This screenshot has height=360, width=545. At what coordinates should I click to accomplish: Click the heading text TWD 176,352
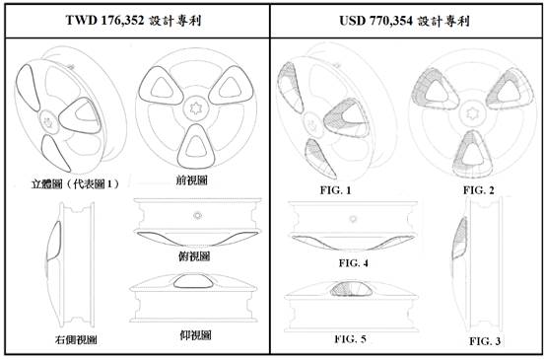coord(104,20)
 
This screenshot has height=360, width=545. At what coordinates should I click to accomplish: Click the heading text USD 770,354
coord(375,21)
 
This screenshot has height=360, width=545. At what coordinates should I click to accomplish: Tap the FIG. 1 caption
coord(335,190)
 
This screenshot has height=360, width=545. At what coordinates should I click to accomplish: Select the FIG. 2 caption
coord(478,190)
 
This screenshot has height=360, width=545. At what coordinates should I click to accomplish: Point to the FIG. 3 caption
coord(485,341)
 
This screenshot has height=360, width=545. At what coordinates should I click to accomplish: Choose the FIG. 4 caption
coord(354,263)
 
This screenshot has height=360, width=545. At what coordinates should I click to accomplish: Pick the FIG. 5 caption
coord(350,338)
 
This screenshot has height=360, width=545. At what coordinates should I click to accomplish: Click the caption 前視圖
coord(191,180)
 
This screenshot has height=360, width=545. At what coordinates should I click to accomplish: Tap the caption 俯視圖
coord(194,256)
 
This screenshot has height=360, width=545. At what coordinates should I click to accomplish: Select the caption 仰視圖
coord(195,335)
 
